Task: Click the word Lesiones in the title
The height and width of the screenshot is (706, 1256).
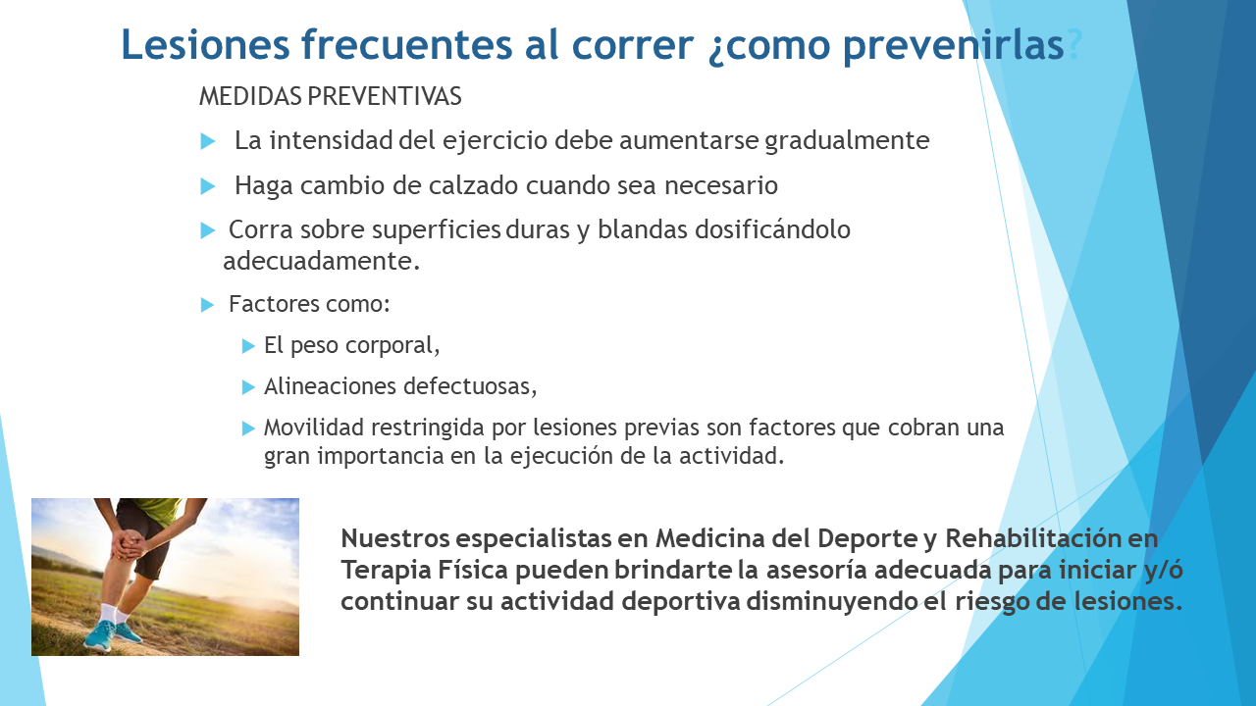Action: (206, 44)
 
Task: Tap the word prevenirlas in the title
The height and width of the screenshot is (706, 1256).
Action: (953, 46)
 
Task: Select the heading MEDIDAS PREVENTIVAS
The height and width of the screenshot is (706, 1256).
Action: (331, 96)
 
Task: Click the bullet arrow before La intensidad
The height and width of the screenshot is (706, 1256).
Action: (208, 141)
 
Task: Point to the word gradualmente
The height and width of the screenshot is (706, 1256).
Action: (847, 140)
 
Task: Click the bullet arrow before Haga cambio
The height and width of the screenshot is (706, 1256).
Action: (208, 186)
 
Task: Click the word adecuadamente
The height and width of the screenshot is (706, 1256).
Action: (322, 261)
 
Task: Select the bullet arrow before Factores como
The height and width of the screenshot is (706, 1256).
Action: (207, 305)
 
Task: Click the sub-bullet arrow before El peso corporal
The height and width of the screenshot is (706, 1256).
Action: (248, 346)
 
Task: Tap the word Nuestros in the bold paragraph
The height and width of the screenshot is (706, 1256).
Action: (395, 538)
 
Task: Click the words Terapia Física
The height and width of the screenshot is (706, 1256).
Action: (425, 570)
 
